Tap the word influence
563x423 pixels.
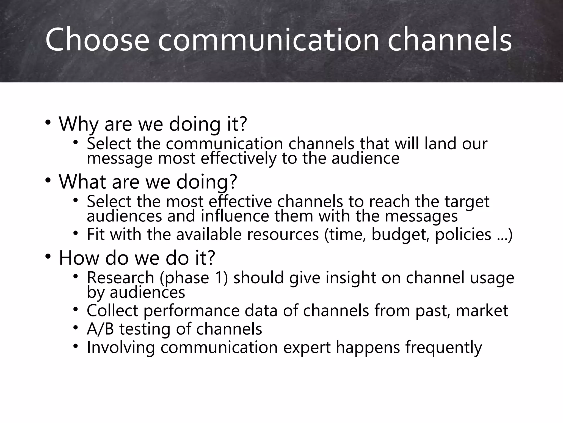[235, 216]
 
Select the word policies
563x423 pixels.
[463, 235]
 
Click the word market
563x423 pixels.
[482, 311]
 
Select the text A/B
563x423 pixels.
[100, 329]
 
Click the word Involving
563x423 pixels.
[121, 348]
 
